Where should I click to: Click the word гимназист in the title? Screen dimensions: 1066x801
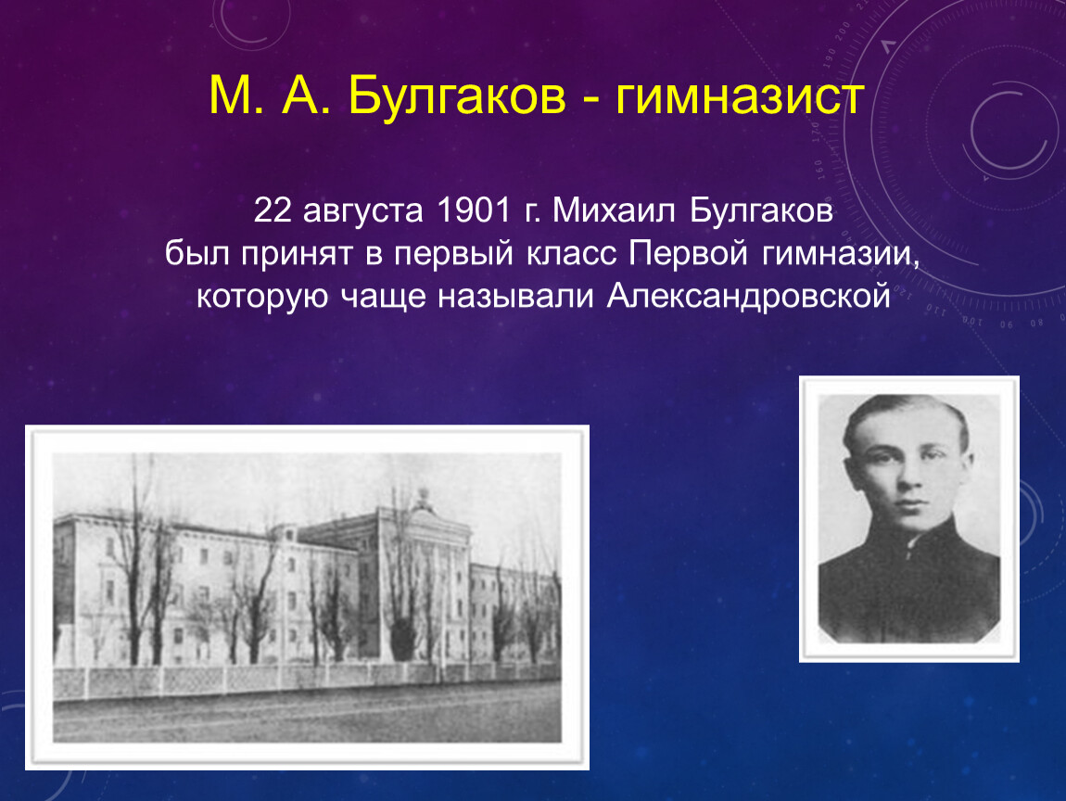point(740,96)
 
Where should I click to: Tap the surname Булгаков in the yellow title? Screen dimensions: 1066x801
point(457,95)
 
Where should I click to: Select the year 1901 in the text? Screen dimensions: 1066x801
point(474,210)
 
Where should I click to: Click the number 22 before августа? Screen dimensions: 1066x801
point(273,210)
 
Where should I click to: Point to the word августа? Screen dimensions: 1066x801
point(363,212)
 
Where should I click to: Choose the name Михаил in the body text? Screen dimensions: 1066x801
point(614,210)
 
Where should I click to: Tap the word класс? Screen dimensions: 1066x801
point(571,255)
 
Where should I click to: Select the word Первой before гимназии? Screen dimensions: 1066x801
point(688,254)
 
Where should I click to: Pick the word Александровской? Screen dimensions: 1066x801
point(748,297)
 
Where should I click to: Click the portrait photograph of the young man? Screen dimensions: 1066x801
point(909,519)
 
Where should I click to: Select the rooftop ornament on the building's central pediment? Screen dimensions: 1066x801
point(424,499)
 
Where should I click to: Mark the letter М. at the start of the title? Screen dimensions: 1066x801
point(235,95)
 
